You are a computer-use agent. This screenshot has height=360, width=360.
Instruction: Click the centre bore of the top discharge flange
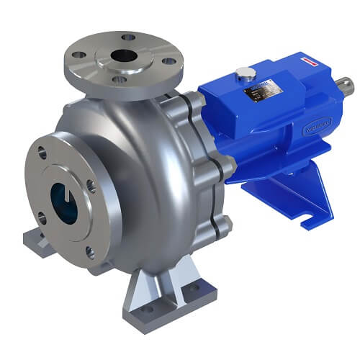tap(123, 55)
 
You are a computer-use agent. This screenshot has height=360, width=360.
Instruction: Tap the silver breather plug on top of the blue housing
tap(244, 73)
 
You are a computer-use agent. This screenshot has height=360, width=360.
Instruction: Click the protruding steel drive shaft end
tap(346, 85)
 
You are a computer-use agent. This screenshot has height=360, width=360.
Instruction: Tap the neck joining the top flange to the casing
tap(137, 97)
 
